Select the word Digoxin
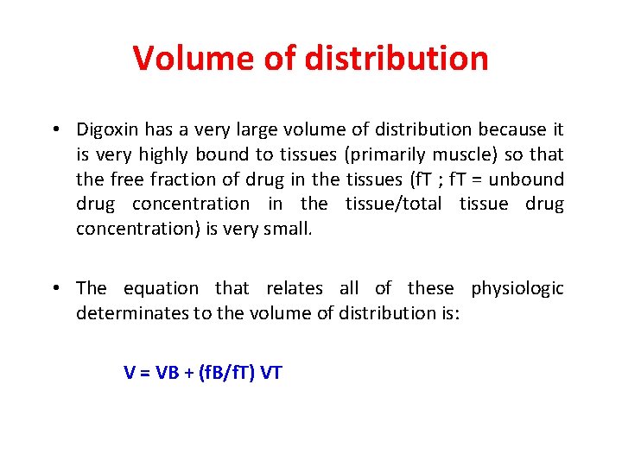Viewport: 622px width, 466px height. pyautogui.click(x=107, y=129)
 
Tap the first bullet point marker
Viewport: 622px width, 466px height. pyautogui.click(x=54, y=130)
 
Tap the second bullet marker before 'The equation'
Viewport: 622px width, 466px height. pyautogui.click(x=54, y=288)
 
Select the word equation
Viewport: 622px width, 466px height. pyautogui.click(x=161, y=287)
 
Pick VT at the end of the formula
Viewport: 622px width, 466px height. pyautogui.click(x=270, y=373)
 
